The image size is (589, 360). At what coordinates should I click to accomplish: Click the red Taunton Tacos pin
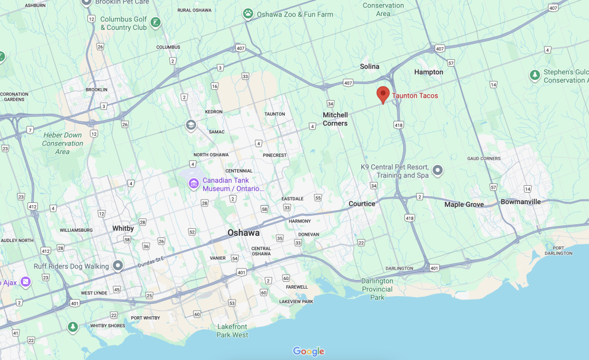pyautogui.click(x=383, y=94)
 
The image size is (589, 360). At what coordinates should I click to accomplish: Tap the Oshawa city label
pyautogui.click(x=243, y=233)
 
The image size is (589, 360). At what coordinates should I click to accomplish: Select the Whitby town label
pyautogui.click(x=123, y=228)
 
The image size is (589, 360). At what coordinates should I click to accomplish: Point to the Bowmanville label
pyautogui.click(x=521, y=202)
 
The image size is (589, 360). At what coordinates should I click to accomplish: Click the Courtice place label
pyautogui.click(x=362, y=204)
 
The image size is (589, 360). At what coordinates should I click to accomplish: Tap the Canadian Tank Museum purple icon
pyautogui.click(x=194, y=184)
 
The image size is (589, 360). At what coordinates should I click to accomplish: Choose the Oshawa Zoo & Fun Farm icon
pyautogui.click(x=248, y=13)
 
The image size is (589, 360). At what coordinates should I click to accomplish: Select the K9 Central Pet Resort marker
pyautogui.click(x=438, y=171)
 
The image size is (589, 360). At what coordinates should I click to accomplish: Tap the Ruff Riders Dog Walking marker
pyautogui.click(x=118, y=266)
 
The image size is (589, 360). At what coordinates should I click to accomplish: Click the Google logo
pyautogui.click(x=308, y=351)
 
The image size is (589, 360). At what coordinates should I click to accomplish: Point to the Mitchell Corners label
pyautogui.click(x=335, y=119)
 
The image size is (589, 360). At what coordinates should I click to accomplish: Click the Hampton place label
pyautogui.click(x=429, y=72)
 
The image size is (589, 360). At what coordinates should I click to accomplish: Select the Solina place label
pyautogui.click(x=369, y=66)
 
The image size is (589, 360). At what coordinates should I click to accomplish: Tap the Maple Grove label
pyautogui.click(x=464, y=204)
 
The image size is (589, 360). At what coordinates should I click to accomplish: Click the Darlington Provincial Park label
pyautogui.click(x=377, y=289)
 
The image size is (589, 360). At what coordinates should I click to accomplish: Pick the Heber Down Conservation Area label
pyautogui.click(x=62, y=143)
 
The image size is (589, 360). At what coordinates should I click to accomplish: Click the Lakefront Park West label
pyautogui.click(x=232, y=331)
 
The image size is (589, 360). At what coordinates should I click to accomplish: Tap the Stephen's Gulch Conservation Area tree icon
pyautogui.click(x=534, y=74)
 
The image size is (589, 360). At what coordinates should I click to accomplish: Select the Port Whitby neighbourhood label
pyautogui.click(x=144, y=318)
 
